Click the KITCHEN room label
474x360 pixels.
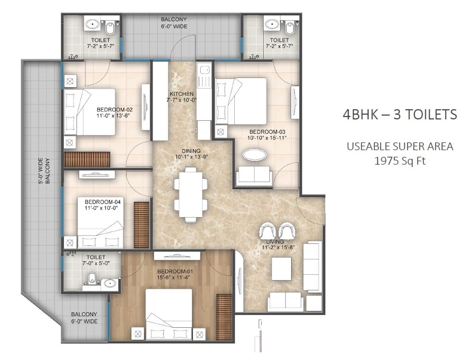pyautogui.click(x=181, y=94)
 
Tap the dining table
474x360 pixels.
pyautogui.click(x=191, y=192)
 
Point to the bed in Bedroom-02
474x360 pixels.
pyautogui.click(x=90, y=112)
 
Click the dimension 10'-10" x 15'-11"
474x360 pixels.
pyautogui.click(x=267, y=138)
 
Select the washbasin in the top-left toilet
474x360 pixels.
pyautogui.click(x=90, y=24)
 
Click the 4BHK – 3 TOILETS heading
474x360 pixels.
pyautogui.click(x=400, y=115)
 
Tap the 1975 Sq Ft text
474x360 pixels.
pyautogui.click(x=399, y=160)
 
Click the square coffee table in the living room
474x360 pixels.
pyautogui.click(x=282, y=269)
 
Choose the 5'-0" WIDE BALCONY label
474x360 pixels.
pyautogui.click(x=44, y=171)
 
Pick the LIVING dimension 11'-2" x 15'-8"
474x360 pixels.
pyautogui.click(x=278, y=247)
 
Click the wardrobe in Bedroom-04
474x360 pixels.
pyautogui.click(x=141, y=225)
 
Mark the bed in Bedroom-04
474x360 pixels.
pyautogui.click(x=101, y=222)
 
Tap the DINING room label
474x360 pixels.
pyautogui.click(x=191, y=151)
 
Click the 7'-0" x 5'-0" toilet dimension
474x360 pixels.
pyautogui.click(x=96, y=263)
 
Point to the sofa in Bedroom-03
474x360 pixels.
pyautogui.click(x=254, y=175)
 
